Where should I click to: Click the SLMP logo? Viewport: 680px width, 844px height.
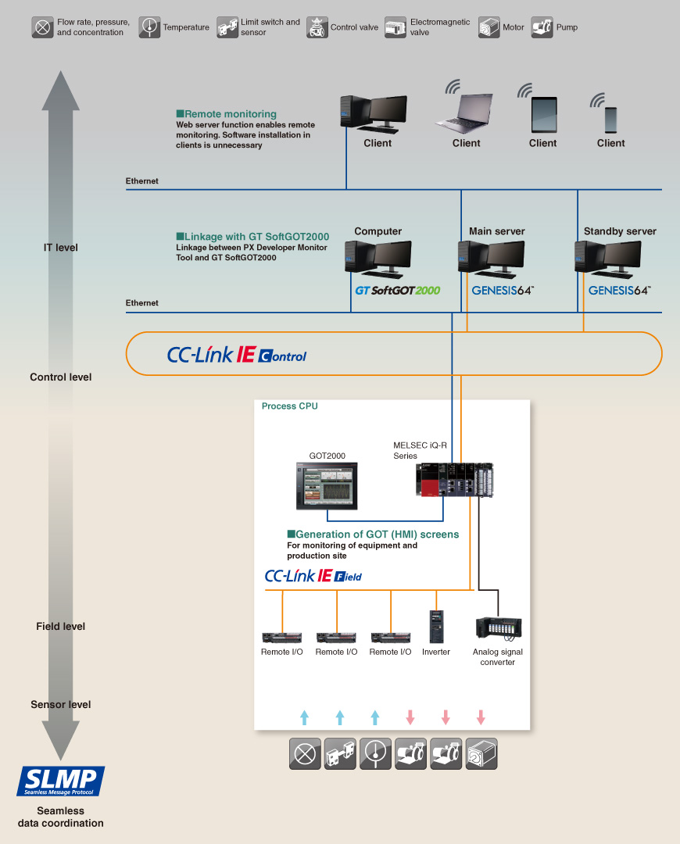[x=61, y=781]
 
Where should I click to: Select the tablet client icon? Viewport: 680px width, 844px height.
[x=543, y=114]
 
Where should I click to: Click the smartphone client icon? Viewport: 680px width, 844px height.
[x=611, y=119]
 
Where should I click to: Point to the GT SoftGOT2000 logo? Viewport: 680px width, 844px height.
[x=398, y=290]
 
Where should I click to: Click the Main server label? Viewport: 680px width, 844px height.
[x=496, y=231]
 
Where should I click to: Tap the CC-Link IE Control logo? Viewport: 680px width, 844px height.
[x=237, y=355]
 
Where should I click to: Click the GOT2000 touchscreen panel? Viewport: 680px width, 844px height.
[x=327, y=485]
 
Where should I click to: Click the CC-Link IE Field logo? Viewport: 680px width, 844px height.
[x=313, y=576]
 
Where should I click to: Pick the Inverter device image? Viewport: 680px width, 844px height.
[x=436, y=626]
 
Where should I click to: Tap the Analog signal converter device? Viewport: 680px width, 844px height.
[x=498, y=627]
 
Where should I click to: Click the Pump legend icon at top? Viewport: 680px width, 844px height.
[x=542, y=27]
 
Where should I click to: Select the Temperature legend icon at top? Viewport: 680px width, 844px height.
[x=149, y=27]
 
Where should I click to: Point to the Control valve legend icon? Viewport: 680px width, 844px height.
[x=317, y=27]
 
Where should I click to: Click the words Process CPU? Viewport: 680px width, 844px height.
[x=289, y=406]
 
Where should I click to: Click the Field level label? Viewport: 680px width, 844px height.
[x=60, y=626]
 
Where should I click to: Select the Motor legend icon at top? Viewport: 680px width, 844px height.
[x=489, y=27]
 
